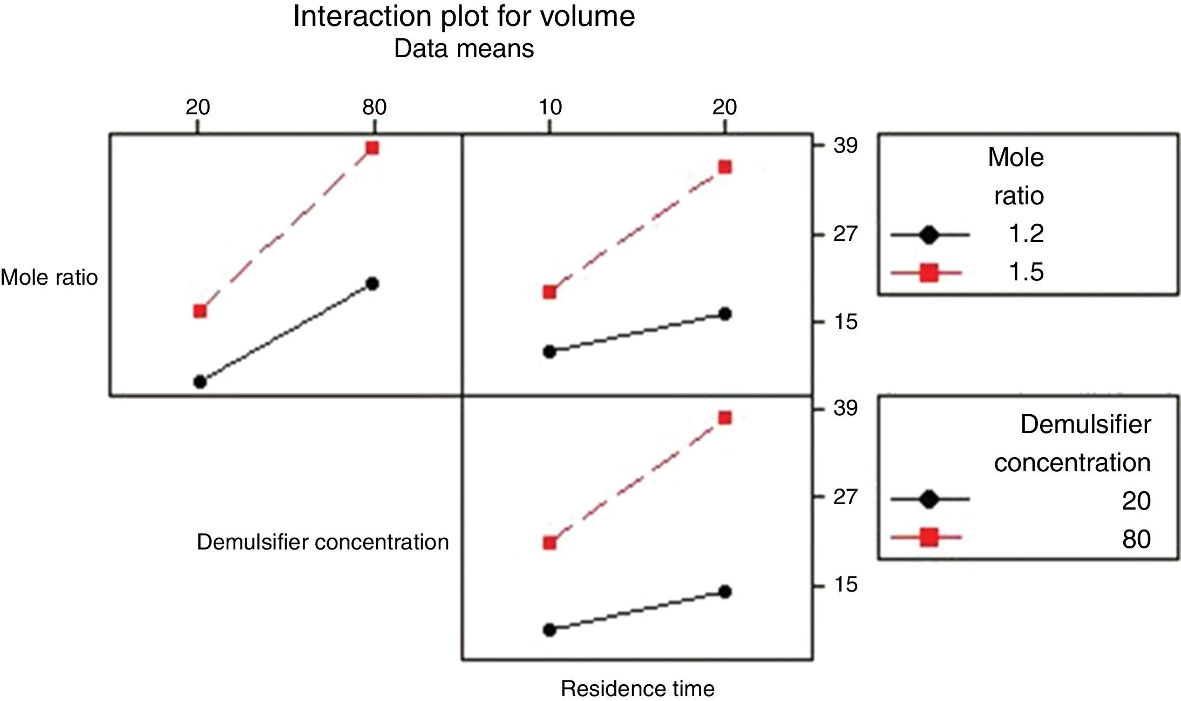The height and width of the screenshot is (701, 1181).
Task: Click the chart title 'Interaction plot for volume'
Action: (x=464, y=16)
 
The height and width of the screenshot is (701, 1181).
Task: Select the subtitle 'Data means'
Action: (x=464, y=49)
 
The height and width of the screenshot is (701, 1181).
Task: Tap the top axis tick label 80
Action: (x=374, y=107)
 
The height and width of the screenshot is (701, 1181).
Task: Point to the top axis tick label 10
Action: (x=550, y=107)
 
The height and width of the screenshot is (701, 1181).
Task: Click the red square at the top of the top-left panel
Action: (x=372, y=148)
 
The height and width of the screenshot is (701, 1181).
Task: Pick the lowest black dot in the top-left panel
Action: (x=200, y=382)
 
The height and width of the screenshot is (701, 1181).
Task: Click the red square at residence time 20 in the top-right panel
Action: (x=725, y=167)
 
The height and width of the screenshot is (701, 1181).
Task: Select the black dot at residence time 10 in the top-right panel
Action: (x=549, y=352)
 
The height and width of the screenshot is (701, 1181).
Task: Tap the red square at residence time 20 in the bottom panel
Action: (x=725, y=418)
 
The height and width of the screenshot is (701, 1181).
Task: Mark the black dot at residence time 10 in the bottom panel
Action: (x=549, y=630)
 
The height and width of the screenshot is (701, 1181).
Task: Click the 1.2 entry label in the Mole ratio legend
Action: (x=1026, y=234)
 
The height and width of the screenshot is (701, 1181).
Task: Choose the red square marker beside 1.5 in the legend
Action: (x=928, y=273)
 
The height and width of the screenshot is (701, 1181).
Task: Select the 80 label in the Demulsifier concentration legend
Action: (x=1136, y=539)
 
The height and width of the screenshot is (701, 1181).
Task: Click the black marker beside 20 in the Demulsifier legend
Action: (x=928, y=499)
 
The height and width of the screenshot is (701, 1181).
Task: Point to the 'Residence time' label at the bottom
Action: (x=637, y=689)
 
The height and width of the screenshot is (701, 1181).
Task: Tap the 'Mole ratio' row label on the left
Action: (x=49, y=277)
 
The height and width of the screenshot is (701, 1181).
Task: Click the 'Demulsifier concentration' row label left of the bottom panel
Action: (x=323, y=542)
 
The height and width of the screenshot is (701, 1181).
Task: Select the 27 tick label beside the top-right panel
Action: (x=845, y=234)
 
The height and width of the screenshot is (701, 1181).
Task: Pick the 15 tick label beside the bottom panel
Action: (x=845, y=585)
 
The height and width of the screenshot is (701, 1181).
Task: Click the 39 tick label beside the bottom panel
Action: (x=845, y=408)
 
